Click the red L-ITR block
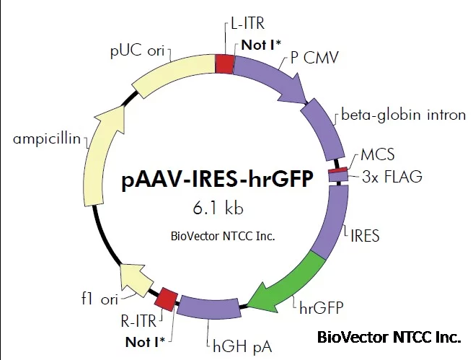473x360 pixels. (x=225, y=63)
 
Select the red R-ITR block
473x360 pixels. (x=167, y=297)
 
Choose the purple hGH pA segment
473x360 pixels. (x=209, y=309)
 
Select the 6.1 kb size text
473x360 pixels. (x=218, y=208)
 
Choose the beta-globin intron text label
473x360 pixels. (x=403, y=115)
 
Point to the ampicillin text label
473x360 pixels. (x=45, y=139)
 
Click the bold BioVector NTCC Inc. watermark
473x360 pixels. (x=388, y=337)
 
